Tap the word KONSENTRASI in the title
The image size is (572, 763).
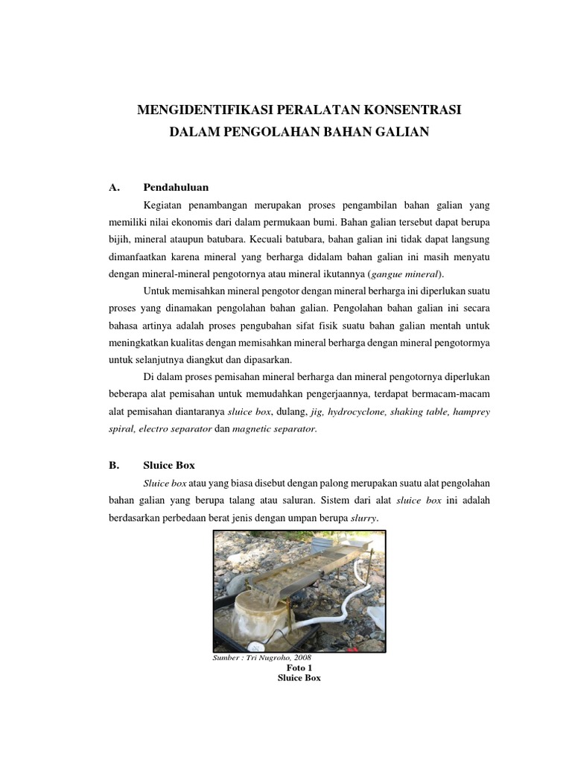pyautogui.click(x=413, y=110)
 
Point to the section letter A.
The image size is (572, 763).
pyautogui.click(x=114, y=187)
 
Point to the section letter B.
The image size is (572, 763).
pyautogui.click(x=114, y=465)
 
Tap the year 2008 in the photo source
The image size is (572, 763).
pyautogui.click(x=302, y=659)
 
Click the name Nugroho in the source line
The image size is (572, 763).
pyautogui.click(x=274, y=659)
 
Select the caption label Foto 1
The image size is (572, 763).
pyautogui.click(x=299, y=668)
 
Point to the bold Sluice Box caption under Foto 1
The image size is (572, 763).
pyautogui.click(x=299, y=679)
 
